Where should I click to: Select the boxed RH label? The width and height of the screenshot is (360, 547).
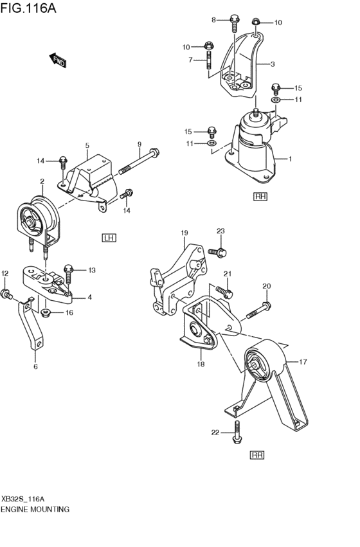[x=260, y=196]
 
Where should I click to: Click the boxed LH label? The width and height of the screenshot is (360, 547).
[x=108, y=238]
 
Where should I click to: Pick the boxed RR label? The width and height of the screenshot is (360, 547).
[x=257, y=454]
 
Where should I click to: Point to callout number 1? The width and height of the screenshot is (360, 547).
[x=290, y=159]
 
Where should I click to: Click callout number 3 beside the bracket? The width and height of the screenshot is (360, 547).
[x=273, y=64]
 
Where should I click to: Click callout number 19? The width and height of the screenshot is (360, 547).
[x=184, y=233]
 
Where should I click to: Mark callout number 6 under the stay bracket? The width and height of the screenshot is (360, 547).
[x=35, y=366]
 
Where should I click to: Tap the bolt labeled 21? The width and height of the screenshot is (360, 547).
[x=225, y=291]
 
